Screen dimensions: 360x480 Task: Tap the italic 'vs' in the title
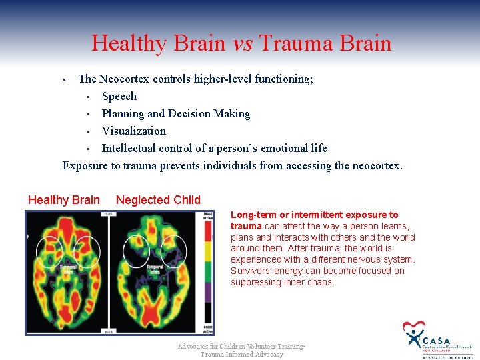[x=243, y=44]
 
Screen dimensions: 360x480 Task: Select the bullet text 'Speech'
[x=119, y=96]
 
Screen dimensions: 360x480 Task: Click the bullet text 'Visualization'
[x=134, y=131]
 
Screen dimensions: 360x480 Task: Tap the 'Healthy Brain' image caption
[x=64, y=200]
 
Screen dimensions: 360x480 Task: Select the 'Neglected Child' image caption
[x=158, y=200]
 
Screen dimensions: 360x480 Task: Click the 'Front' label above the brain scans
[x=107, y=214]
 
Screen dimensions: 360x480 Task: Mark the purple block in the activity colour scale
[x=208, y=293]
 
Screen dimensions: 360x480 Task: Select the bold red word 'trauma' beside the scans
[x=246, y=226]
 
